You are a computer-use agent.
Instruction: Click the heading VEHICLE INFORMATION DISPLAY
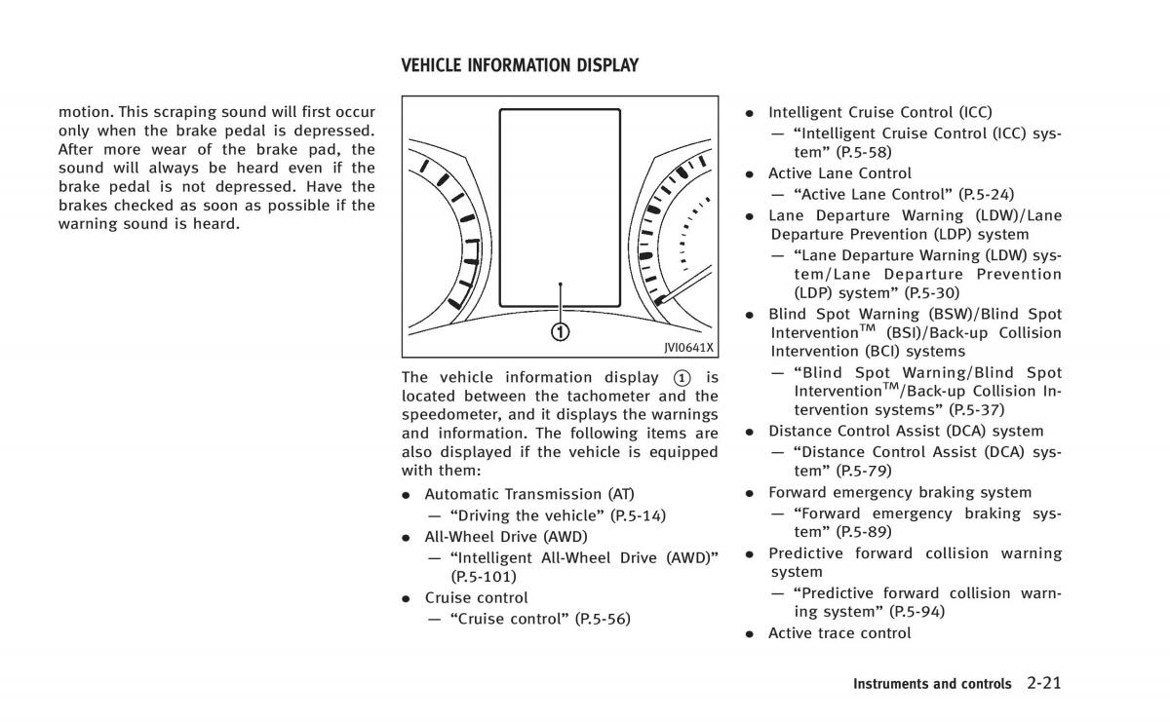coord(520,66)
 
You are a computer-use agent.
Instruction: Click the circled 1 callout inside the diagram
coord(560,331)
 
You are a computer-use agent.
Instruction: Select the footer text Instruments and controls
coord(932,684)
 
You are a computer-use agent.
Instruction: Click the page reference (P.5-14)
coord(638,514)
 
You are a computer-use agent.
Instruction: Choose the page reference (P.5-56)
coord(603,618)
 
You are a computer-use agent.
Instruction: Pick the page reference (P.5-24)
coord(987,194)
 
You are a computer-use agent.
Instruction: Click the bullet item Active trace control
coord(839,633)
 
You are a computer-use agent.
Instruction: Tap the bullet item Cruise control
coord(476,597)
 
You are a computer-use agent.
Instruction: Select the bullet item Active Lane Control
coord(839,173)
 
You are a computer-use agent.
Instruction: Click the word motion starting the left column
coord(84,111)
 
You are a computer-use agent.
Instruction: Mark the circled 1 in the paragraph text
coord(682,377)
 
